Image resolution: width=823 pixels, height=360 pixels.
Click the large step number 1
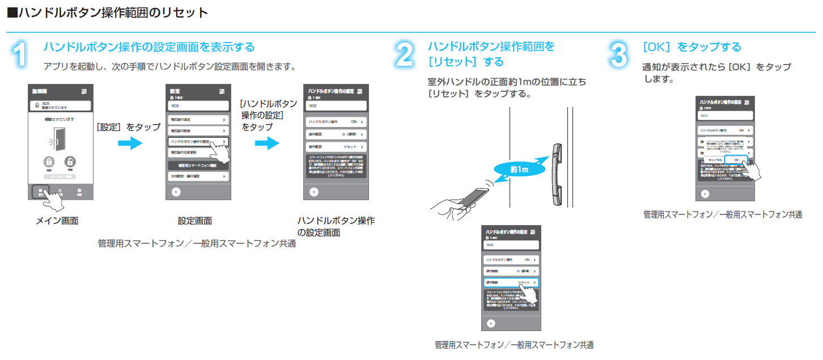point(20,56)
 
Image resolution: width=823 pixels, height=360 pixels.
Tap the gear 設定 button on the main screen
point(40,192)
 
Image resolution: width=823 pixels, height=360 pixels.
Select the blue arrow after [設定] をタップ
point(128,144)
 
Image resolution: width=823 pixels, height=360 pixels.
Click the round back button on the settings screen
point(175,192)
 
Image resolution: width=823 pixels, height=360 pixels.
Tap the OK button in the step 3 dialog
point(736,160)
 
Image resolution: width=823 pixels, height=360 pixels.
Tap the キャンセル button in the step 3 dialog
point(712,160)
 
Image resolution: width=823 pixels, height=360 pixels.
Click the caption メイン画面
point(57,221)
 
